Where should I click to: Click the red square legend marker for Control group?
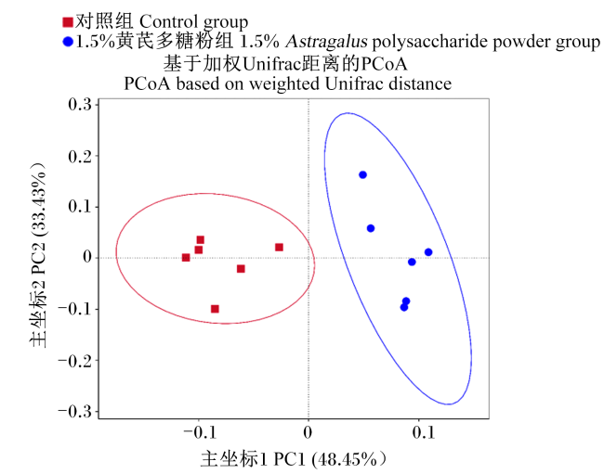click(68, 22)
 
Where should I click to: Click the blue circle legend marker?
click(68, 42)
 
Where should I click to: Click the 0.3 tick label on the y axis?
click(80, 104)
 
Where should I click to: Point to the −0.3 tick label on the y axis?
click(75, 412)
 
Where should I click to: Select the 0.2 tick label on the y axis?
click(80, 156)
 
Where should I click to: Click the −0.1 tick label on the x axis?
click(199, 433)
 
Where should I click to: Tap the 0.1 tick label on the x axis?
click(424, 433)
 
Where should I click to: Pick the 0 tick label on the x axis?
click(308, 433)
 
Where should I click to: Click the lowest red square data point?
click(215, 309)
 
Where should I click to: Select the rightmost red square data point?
click(280, 247)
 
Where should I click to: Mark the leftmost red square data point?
click(186, 257)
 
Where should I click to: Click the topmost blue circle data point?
click(362, 175)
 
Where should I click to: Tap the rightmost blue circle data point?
click(428, 252)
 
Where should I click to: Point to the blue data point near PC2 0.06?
click(371, 228)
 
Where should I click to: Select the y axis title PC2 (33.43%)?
click(38, 255)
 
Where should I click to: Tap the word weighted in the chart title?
click(284, 84)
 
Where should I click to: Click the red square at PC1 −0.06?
click(241, 268)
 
